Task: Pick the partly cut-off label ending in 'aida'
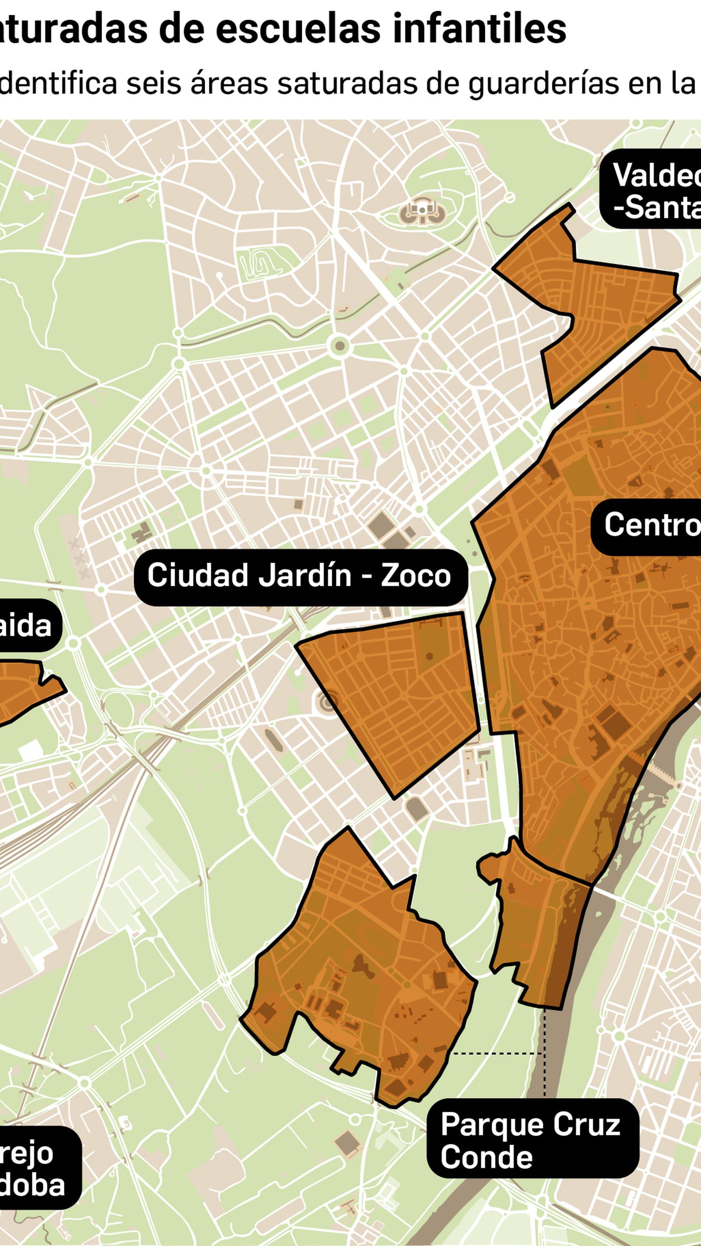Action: pos(27,626)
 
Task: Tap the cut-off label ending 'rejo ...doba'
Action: pos(34,1168)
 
